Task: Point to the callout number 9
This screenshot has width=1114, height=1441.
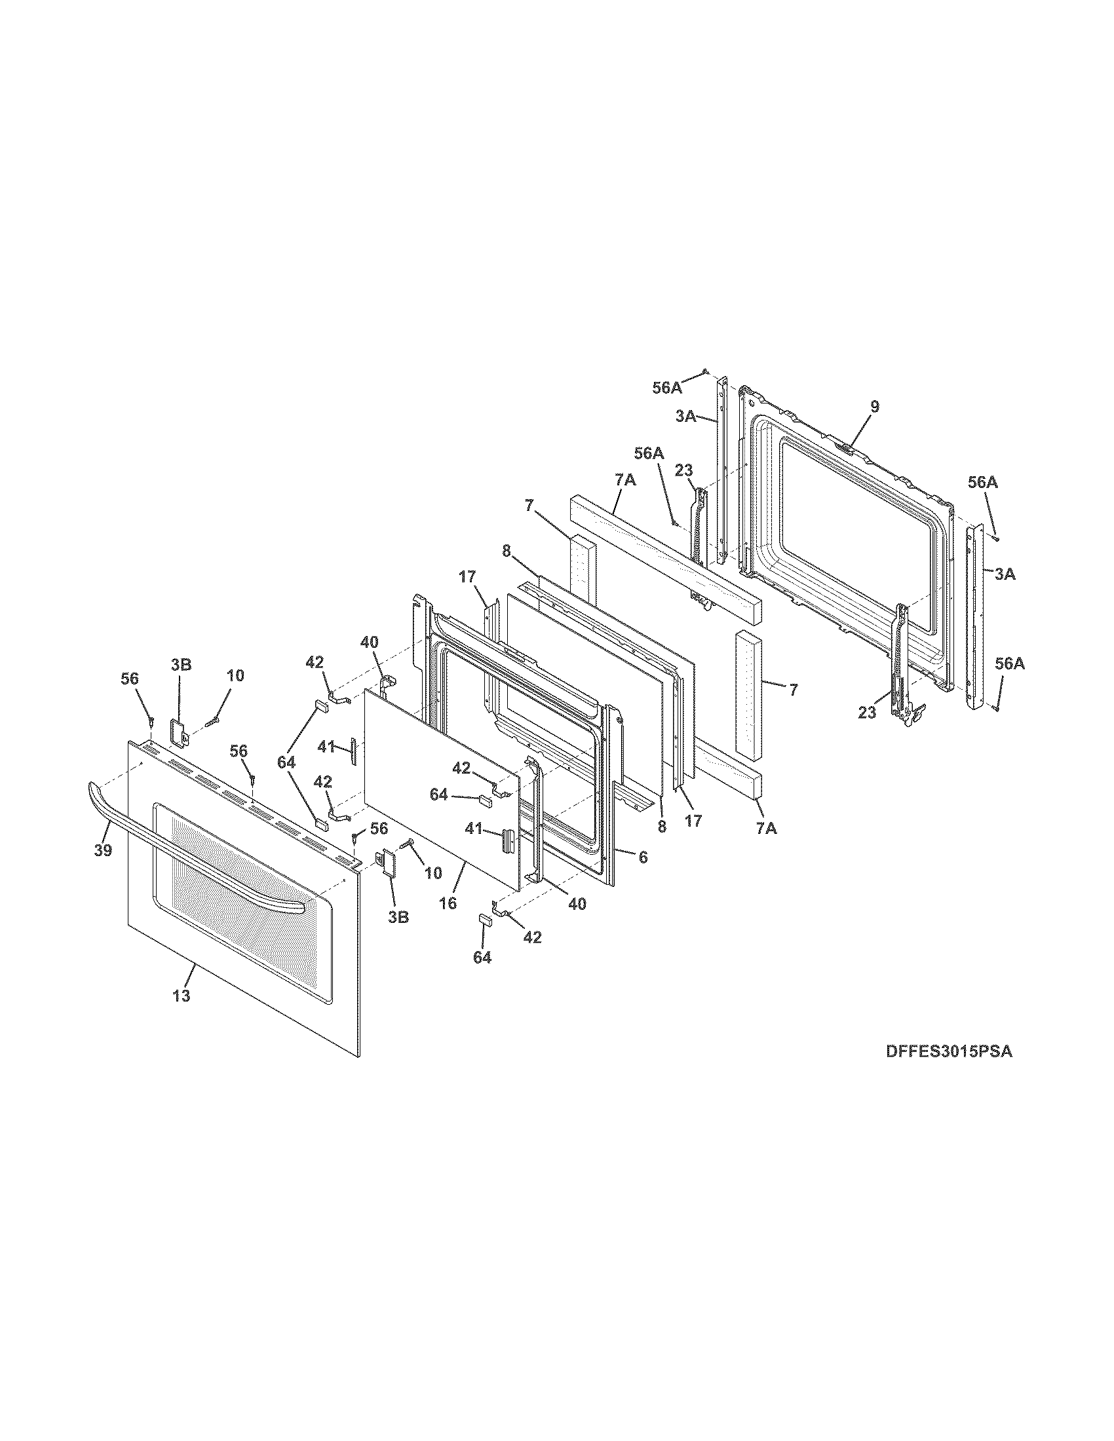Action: pos(874,407)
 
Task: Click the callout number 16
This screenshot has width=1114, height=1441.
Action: pos(448,903)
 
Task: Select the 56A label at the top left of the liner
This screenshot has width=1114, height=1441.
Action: pos(667,388)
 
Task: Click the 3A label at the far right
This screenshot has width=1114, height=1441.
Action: pos(1005,574)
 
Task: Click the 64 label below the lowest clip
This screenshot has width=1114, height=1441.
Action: pos(482,958)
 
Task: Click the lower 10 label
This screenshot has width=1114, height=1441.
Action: pos(432,873)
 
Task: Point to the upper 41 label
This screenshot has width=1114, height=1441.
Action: pos(327,747)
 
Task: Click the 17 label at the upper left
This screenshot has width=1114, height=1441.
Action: pos(467,576)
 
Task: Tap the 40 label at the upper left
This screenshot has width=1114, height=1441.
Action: pos(370,642)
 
